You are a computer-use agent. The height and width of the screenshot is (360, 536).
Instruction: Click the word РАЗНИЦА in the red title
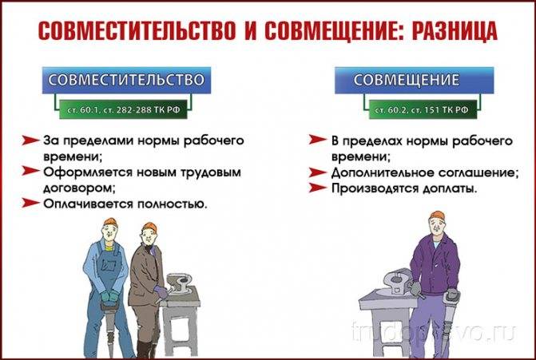point(454,31)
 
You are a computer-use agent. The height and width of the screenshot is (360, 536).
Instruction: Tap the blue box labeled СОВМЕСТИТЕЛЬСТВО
point(126,81)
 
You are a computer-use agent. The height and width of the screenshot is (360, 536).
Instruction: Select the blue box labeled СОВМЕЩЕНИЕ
point(414,81)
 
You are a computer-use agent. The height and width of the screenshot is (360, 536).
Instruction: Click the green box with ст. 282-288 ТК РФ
point(123,109)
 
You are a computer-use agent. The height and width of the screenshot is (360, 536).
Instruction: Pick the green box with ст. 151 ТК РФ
point(423,109)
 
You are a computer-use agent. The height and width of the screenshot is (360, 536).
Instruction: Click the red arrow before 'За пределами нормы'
point(31,140)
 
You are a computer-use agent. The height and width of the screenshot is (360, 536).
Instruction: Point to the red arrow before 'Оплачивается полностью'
point(31,203)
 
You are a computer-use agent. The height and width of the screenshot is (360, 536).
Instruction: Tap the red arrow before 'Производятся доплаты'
point(318,188)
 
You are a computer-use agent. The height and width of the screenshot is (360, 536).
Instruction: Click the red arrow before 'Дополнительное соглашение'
point(318,172)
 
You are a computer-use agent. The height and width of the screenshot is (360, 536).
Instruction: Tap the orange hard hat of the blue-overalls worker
point(110,222)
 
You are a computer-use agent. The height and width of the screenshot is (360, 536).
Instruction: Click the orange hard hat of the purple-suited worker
point(438,216)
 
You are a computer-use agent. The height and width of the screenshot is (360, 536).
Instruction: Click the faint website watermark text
point(433,331)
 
